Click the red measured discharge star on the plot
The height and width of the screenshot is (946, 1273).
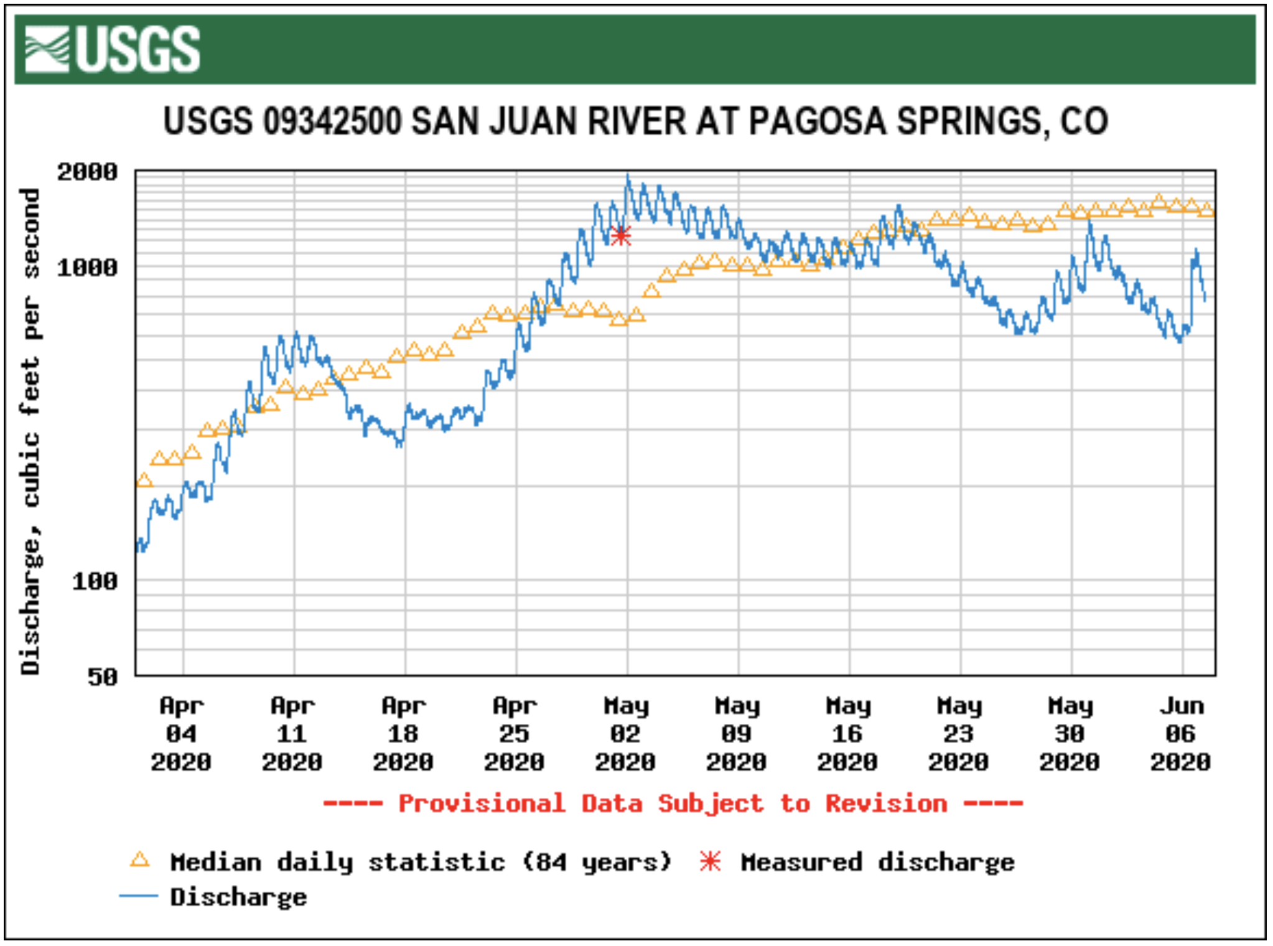click(x=621, y=236)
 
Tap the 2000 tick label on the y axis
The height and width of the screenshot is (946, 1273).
click(x=87, y=172)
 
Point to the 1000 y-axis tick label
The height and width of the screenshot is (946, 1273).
click(x=87, y=268)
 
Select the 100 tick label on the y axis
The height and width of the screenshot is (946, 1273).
click(x=95, y=581)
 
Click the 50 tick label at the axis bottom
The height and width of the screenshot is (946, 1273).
click(x=103, y=677)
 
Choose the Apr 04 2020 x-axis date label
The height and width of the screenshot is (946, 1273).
click(x=181, y=734)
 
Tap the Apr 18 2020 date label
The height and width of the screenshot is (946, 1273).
click(x=403, y=734)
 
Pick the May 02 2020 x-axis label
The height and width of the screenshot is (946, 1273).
click(x=625, y=734)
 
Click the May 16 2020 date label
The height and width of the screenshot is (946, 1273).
click(x=847, y=734)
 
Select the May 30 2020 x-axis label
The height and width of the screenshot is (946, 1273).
click(x=1070, y=734)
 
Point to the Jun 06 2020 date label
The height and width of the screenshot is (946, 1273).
click(x=1180, y=734)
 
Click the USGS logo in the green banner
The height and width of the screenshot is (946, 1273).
click(x=112, y=49)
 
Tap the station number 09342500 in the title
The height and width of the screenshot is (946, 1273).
click(x=332, y=121)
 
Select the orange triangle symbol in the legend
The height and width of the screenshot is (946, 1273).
click(x=140, y=861)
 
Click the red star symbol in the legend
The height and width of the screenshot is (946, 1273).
click(x=710, y=861)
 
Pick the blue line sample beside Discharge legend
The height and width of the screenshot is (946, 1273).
click(x=138, y=896)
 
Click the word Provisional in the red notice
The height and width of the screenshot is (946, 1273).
click(x=482, y=803)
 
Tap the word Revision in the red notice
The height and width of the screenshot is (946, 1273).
click(x=886, y=803)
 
